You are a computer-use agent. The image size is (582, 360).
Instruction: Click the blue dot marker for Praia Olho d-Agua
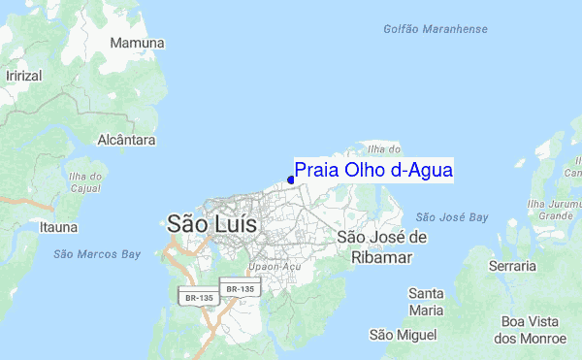(291, 180)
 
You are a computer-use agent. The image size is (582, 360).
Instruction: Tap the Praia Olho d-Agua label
(373, 170)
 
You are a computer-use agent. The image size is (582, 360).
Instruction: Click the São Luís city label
(212, 223)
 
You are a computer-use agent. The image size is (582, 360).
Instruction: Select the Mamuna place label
(137, 44)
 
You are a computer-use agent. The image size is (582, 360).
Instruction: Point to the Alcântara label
(126, 140)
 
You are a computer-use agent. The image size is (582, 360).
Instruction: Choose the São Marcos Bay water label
(97, 254)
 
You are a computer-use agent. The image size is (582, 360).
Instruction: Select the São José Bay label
(451, 217)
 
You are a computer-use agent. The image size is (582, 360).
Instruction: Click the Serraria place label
(513, 265)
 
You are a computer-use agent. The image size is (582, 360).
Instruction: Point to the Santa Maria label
(427, 301)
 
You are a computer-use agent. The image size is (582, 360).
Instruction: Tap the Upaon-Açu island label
(270, 265)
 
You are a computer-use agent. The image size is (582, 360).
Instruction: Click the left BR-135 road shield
(199, 297)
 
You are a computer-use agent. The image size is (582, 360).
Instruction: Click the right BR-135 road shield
(239, 288)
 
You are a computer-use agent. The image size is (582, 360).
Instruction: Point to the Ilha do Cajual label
(87, 181)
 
